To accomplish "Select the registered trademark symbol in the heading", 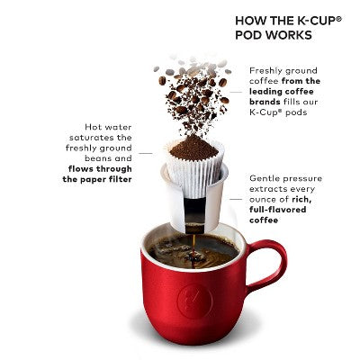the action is coord(338,19).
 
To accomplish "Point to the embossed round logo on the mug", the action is coord(195,301).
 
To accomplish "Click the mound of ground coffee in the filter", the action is coord(193,148).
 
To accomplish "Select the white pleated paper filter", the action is coord(194,167).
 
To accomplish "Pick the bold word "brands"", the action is coord(265,102).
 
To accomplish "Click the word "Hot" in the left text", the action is coord(92,127).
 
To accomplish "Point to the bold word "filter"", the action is coord(120,179).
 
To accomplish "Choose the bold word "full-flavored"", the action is coord(278,210).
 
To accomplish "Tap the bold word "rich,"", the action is coord(301,200).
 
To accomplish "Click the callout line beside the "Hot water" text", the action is coord(146,154).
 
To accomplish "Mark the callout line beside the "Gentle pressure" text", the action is coord(236,199).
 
